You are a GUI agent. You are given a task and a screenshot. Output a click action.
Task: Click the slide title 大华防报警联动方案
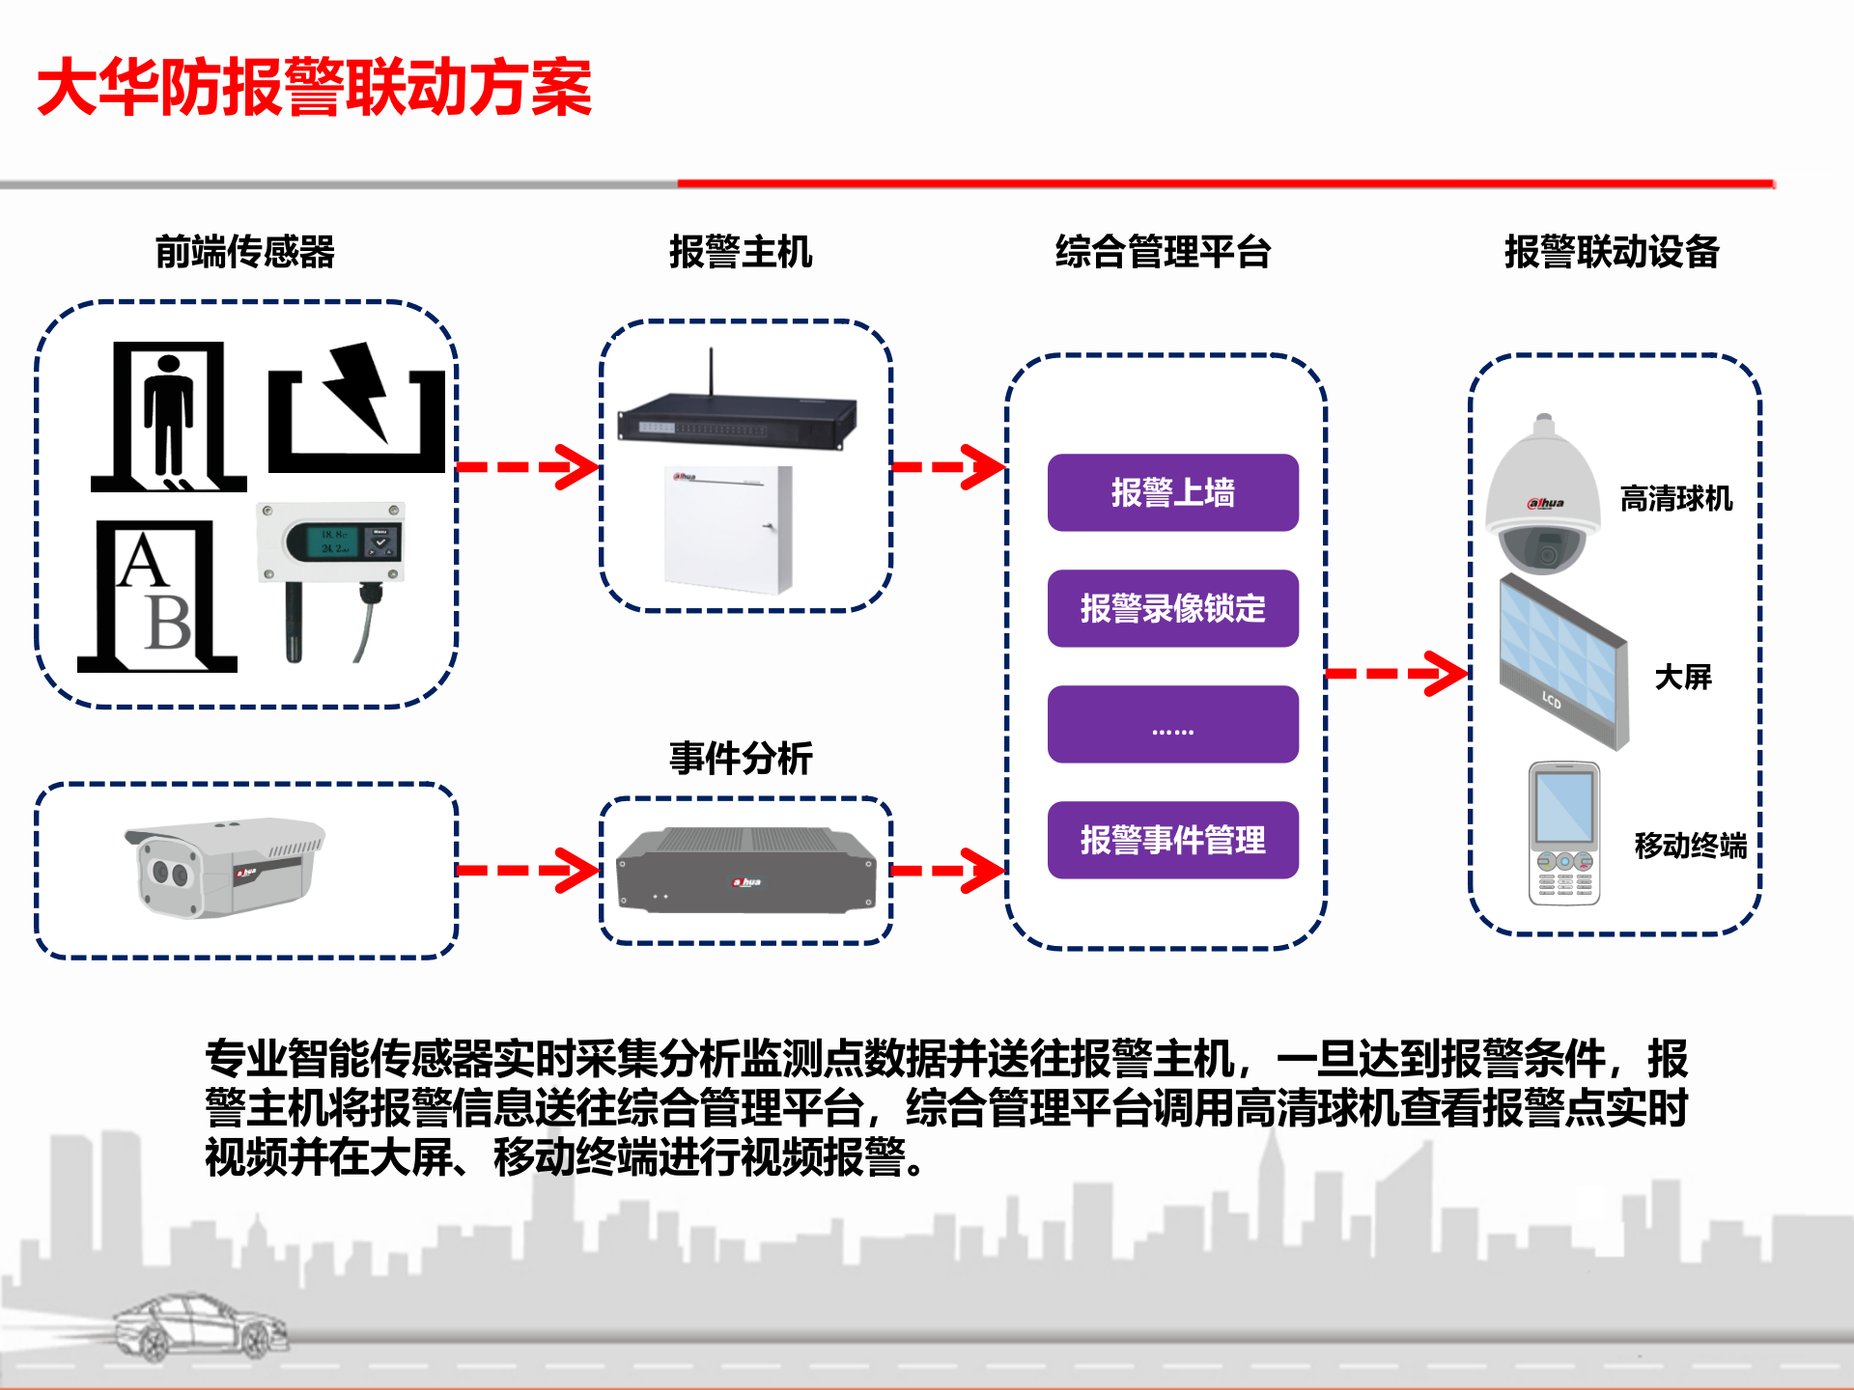click(x=314, y=87)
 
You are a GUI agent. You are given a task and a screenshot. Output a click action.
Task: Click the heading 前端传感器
click(x=244, y=252)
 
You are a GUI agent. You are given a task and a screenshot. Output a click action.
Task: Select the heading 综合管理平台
click(x=1163, y=252)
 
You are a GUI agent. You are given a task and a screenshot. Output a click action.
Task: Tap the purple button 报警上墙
click(x=1172, y=492)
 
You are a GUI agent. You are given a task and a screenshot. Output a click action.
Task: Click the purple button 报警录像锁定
click(x=1172, y=608)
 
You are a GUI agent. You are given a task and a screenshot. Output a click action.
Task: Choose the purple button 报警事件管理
click(x=1172, y=840)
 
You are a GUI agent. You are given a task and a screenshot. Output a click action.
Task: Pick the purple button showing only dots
click(x=1172, y=724)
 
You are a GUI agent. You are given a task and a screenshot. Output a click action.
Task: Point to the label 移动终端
click(x=1690, y=846)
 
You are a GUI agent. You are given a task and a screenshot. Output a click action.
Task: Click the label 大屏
click(x=1682, y=677)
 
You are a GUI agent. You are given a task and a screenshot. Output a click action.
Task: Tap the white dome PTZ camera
click(x=1542, y=497)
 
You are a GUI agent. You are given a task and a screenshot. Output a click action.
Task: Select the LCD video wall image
click(x=1561, y=662)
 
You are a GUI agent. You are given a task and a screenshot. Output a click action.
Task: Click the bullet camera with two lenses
click(x=224, y=866)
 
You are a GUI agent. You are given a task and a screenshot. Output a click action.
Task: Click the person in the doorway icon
click(x=169, y=417)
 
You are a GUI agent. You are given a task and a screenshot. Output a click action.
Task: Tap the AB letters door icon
click(x=156, y=597)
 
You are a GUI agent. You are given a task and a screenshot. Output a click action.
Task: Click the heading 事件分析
click(x=741, y=758)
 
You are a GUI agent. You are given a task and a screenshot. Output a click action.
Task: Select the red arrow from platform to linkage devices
click(x=1397, y=673)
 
